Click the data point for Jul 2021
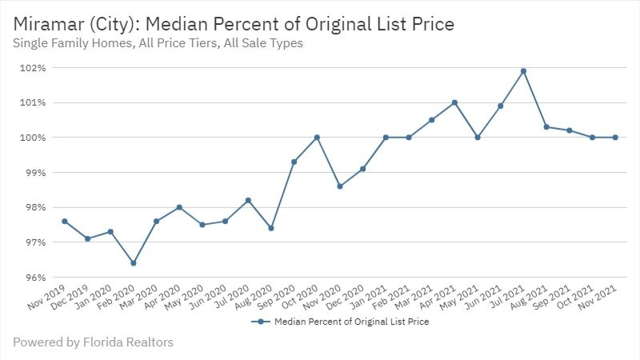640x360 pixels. [x=523, y=71]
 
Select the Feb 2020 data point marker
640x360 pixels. [x=134, y=263]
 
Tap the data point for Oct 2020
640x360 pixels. [x=317, y=138]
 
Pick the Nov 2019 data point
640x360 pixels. [x=65, y=222]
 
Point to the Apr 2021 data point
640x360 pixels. [x=454, y=102]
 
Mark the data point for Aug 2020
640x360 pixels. [x=271, y=228]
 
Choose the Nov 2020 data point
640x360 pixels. [x=340, y=186]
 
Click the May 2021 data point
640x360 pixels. [x=478, y=138]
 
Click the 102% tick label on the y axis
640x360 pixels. [x=33, y=68]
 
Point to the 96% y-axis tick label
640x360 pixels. [x=34, y=278]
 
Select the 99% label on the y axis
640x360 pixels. [x=34, y=173]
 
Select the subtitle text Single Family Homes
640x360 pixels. [x=70, y=44]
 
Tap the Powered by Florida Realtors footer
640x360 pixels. [x=93, y=342]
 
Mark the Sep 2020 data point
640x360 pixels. [x=294, y=162]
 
